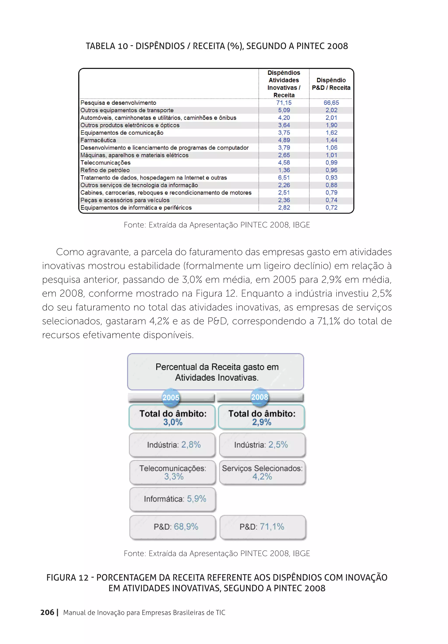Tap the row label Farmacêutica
click(98, 140)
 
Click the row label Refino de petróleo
click(105, 170)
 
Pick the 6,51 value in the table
click(284, 178)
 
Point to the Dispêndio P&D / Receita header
click(331, 84)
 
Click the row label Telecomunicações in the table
click(105, 163)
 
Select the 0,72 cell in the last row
click(331, 208)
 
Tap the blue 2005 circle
click(171, 397)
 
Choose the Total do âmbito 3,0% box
click(172, 417)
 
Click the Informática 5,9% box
click(173, 499)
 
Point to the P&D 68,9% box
click(173, 527)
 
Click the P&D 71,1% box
click(262, 527)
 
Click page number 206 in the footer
click(47, 612)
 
